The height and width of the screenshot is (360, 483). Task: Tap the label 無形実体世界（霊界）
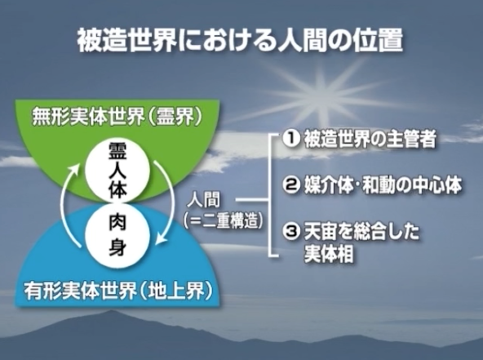click(x=117, y=117)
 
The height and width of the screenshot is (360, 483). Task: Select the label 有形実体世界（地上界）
click(x=118, y=291)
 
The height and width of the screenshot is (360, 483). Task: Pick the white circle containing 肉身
click(x=117, y=236)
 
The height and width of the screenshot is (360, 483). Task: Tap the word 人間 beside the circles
click(x=204, y=199)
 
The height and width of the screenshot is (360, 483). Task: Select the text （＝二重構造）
click(x=224, y=220)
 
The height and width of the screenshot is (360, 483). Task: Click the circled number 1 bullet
click(x=290, y=139)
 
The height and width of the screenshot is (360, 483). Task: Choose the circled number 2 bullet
click(x=290, y=185)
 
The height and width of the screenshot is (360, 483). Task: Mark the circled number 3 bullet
click(x=290, y=232)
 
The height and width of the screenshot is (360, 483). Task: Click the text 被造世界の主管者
click(x=370, y=139)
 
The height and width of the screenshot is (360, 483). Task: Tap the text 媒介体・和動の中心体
click(x=383, y=185)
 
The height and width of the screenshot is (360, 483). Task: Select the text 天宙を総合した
click(x=361, y=232)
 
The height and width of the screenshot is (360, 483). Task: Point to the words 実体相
click(x=328, y=255)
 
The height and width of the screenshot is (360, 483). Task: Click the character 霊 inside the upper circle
click(x=117, y=152)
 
